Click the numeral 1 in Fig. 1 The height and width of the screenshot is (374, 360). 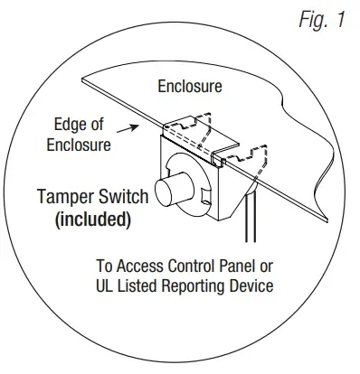(340, 20)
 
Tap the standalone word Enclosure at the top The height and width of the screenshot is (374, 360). (189, 88)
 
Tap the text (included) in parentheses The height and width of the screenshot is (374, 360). (97, 219)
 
